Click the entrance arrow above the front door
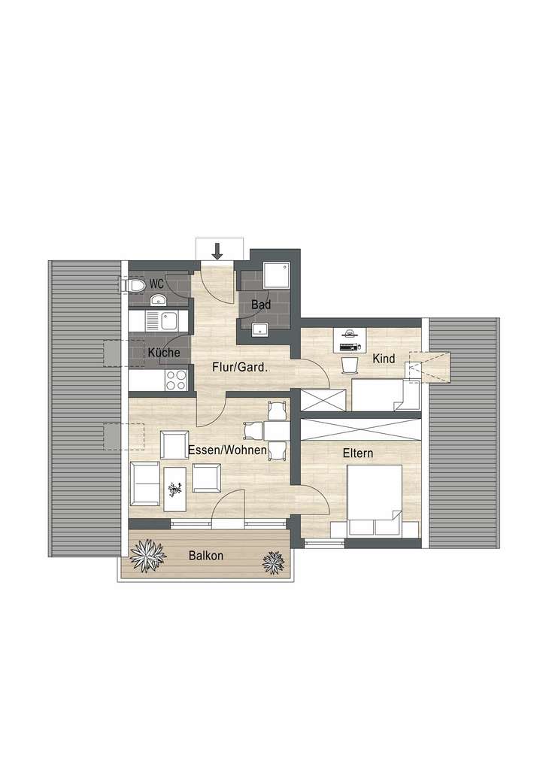point(217,251)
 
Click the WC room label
point(156,283)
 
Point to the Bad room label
point(261,305)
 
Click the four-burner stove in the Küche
point(175,379)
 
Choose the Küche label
point(163,352)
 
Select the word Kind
point(384,359)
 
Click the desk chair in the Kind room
point(349,364)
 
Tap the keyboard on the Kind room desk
point(350,347)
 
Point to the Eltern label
point(357,453)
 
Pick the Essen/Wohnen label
point(226,450)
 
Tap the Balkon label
point(205,556)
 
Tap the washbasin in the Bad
point(261,329)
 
